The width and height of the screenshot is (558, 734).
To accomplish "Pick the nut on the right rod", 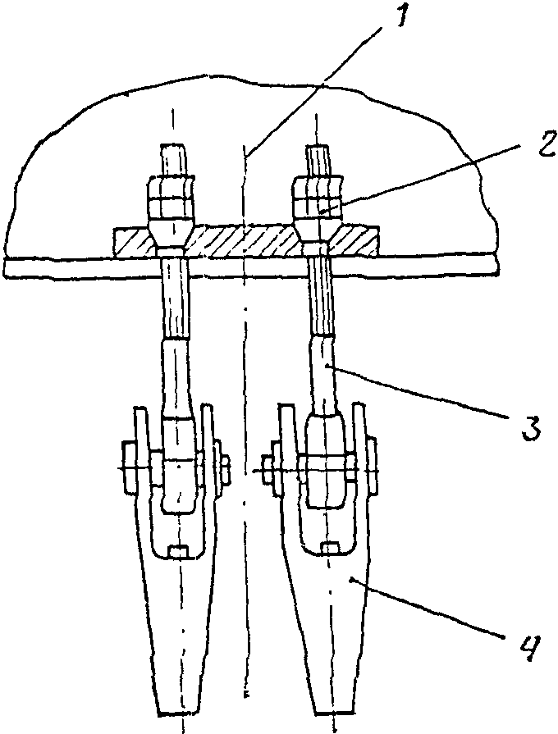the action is (x=316, y=199).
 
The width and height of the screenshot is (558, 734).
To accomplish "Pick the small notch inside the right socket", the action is (x=331, y=548).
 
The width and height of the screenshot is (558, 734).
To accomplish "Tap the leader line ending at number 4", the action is (x=427, y=610).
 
